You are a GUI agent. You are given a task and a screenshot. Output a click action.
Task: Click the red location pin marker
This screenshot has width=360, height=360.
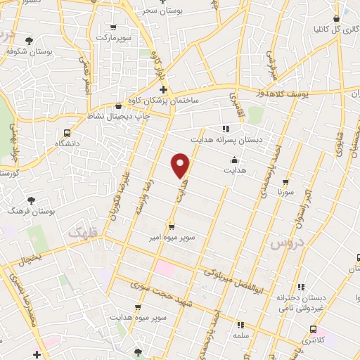point(181,165)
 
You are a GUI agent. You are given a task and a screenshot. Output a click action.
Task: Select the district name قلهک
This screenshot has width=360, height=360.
point(84,230)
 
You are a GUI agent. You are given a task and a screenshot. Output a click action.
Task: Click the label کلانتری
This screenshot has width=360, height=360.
point(313,340)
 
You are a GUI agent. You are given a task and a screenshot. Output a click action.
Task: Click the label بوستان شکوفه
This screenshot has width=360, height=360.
point(27,51)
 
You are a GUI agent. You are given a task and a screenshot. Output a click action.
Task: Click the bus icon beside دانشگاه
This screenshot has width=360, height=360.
point(67,133)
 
